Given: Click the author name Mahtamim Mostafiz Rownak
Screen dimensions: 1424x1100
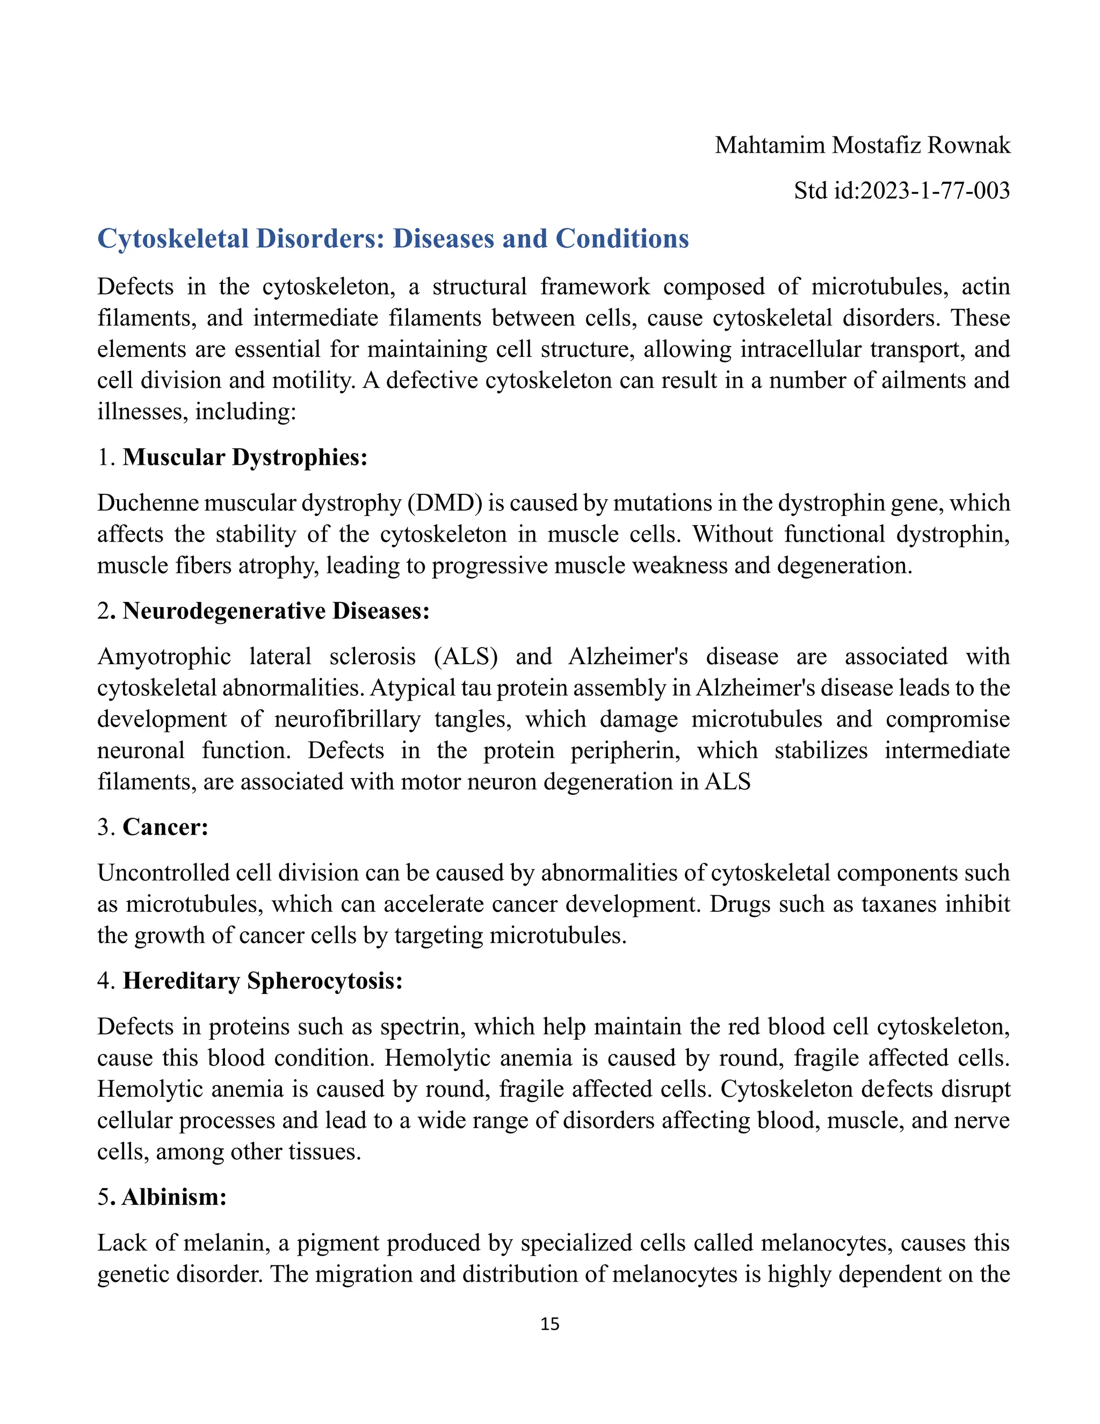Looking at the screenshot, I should [862, 145].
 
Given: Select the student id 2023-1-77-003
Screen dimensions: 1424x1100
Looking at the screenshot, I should [935, 190].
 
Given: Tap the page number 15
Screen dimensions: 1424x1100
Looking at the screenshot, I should [549, 1324].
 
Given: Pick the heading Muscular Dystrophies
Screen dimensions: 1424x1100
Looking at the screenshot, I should [245, 457].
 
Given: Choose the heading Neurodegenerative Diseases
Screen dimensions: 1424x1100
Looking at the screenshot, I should [276, 611].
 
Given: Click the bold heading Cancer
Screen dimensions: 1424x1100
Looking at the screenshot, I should [165, 827].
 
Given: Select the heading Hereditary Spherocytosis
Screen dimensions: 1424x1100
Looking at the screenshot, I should [263, 981].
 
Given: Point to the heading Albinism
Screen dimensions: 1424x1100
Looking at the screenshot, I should [174, 1197].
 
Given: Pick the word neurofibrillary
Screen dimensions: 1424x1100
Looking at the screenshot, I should [346, 718].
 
